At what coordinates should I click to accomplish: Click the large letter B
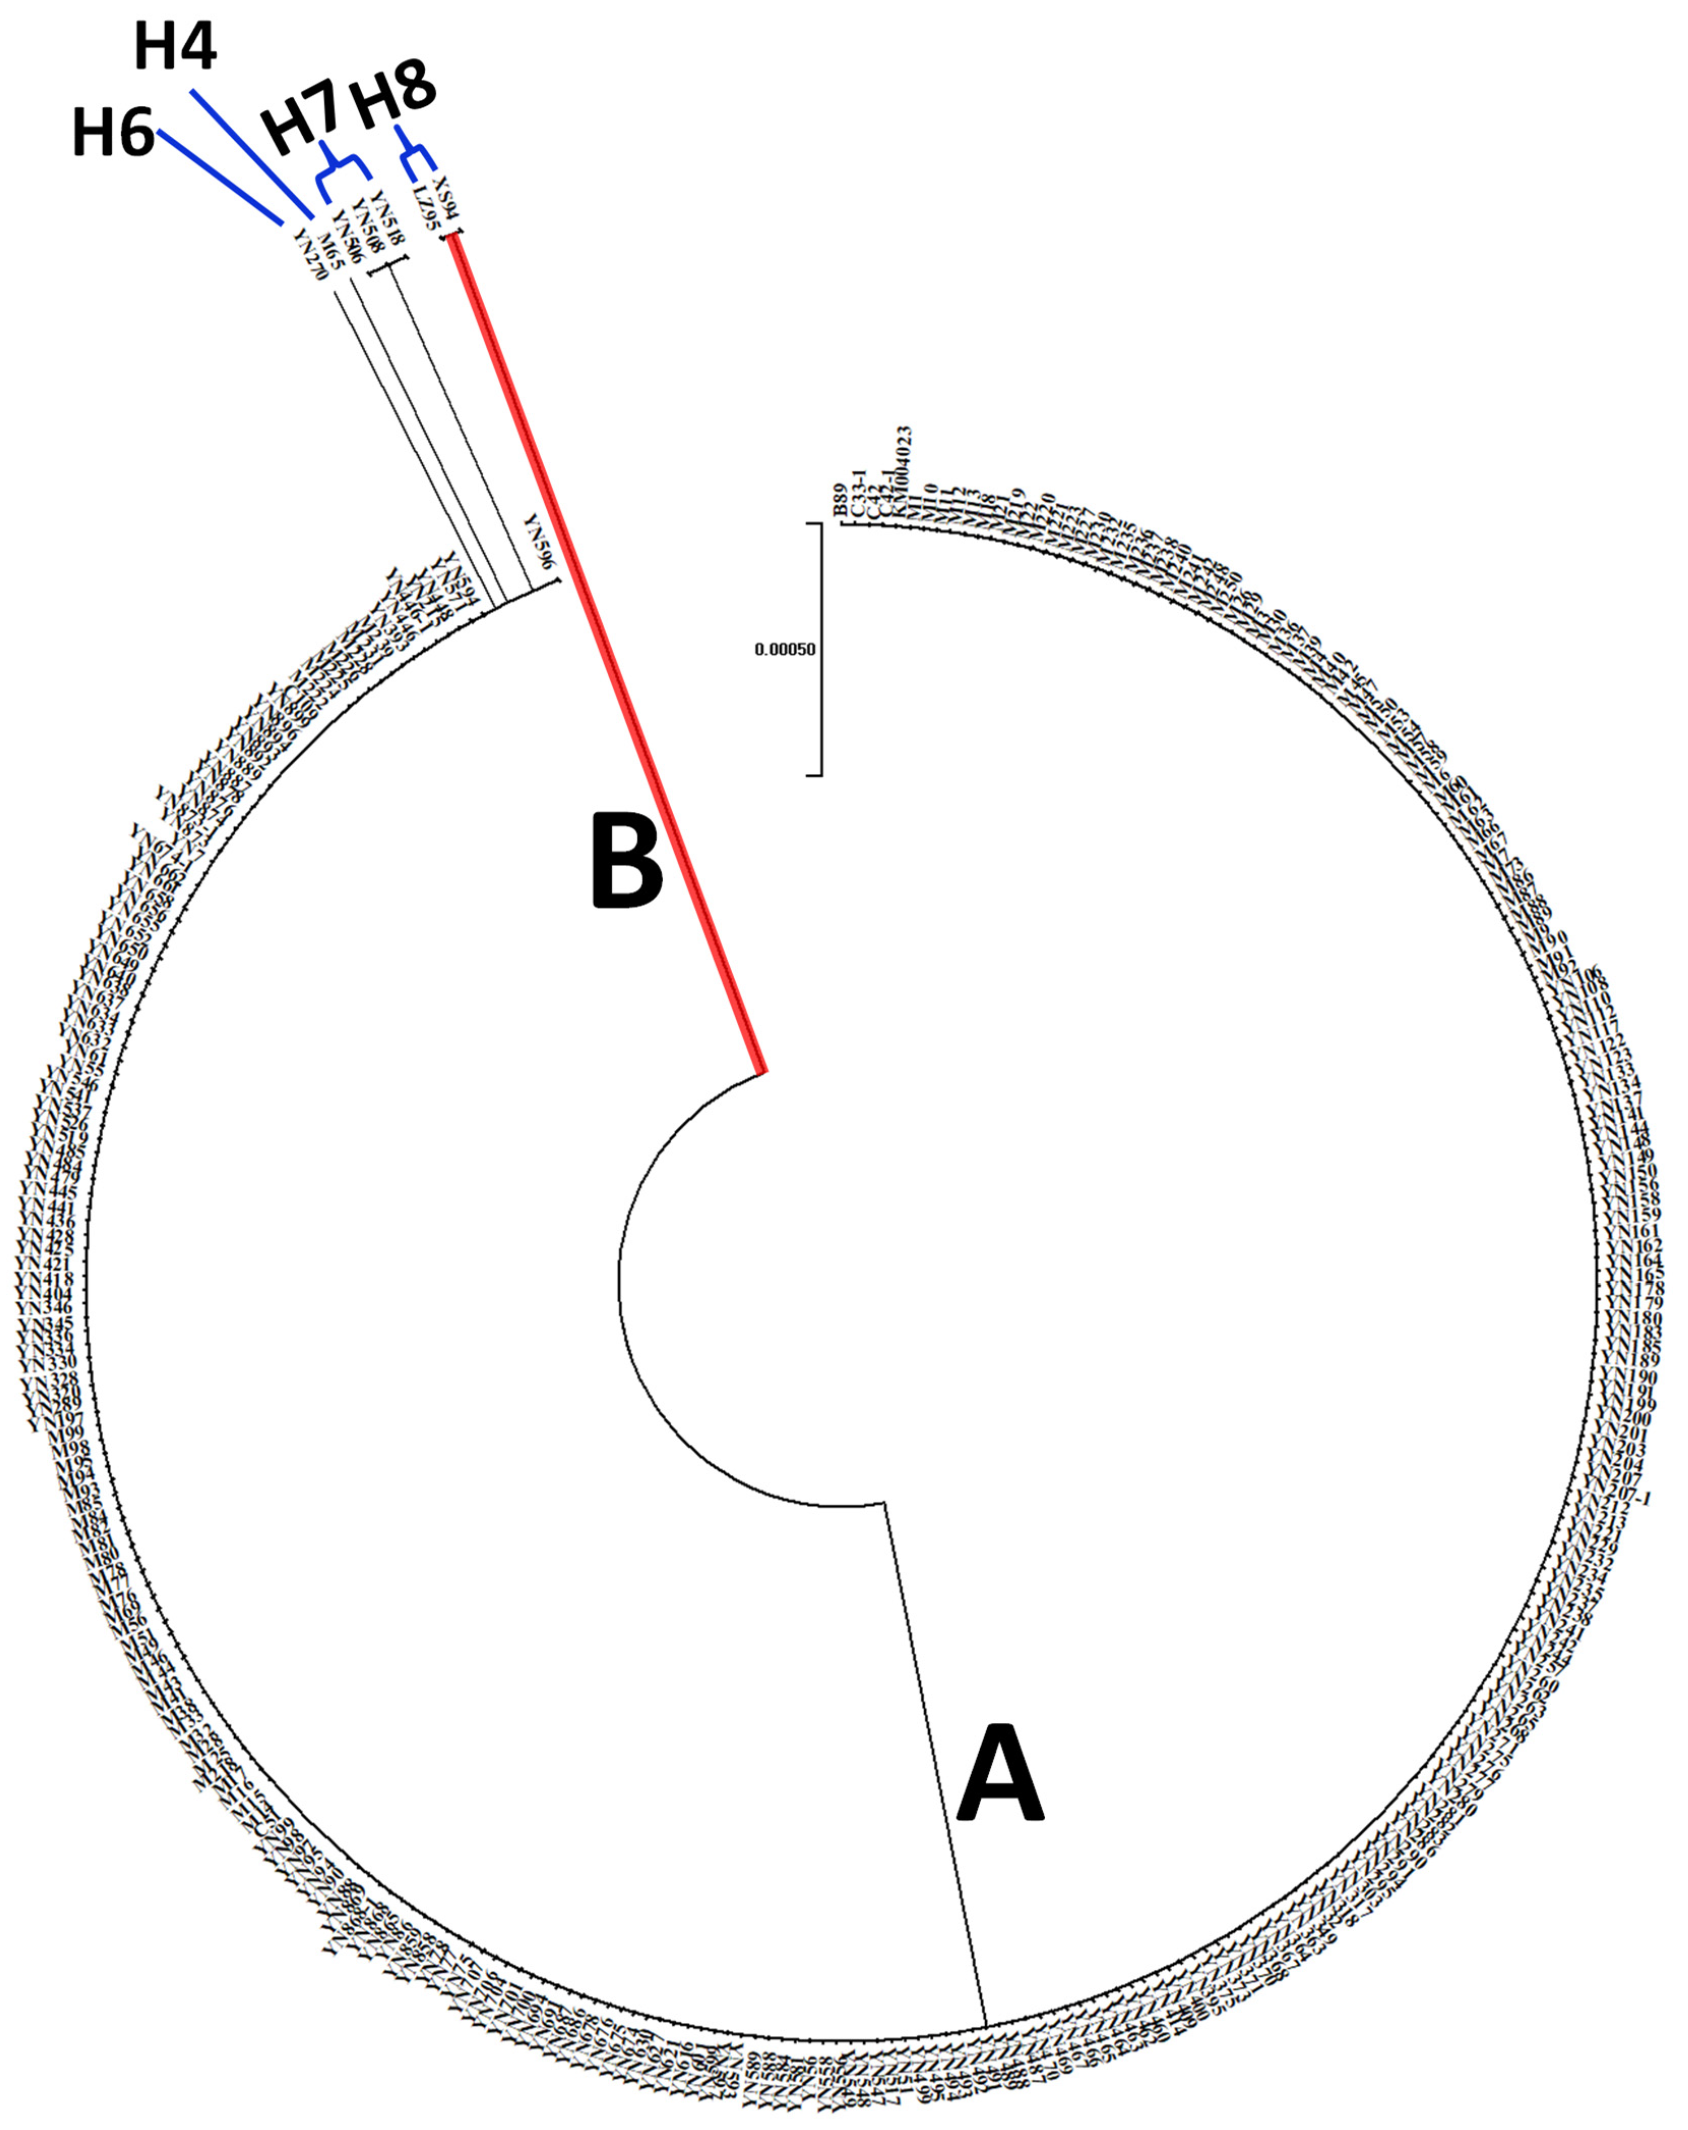click(x=626, y=859)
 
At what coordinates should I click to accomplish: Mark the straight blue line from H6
click(x=220, y=176)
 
